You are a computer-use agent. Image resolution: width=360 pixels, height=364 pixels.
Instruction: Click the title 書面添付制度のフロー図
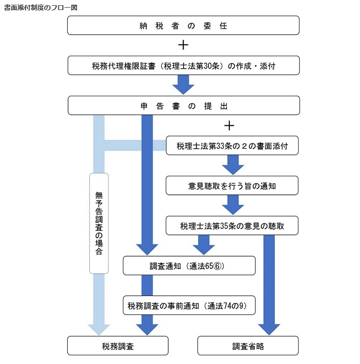(x=41, y=8)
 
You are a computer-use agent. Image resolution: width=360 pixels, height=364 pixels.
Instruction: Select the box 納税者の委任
(x=183, y=25)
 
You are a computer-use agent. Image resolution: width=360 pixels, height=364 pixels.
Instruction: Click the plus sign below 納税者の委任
(x=183, y=45)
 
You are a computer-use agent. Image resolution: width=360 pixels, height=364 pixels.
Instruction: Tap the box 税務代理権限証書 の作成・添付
(x=183, y=66)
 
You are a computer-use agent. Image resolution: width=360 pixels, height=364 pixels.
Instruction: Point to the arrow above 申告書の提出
(x=183, y=85)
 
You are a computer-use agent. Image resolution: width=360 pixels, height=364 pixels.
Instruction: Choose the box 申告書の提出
(x=183, y=105)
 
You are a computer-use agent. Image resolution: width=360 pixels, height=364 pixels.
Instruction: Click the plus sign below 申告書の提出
(x=229, y=125)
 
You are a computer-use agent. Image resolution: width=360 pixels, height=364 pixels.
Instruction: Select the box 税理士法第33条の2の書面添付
(x=232, y=145)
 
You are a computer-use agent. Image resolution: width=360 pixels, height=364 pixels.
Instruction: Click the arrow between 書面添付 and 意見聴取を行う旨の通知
(x=232, y=165)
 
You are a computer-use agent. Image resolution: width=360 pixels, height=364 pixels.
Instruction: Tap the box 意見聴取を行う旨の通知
(x=232, y=186)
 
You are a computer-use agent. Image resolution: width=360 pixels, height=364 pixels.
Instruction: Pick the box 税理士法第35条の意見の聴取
(x=232, y=226)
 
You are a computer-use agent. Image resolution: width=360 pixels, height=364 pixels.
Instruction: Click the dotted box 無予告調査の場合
(x=99, y=223)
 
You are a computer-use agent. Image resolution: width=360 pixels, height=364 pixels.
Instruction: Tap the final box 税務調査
(x=118, y=346)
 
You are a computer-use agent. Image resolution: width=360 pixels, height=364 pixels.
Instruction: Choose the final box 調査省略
(x=248, y=346)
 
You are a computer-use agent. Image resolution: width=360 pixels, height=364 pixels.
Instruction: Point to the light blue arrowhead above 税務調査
(x=99, y=329)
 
